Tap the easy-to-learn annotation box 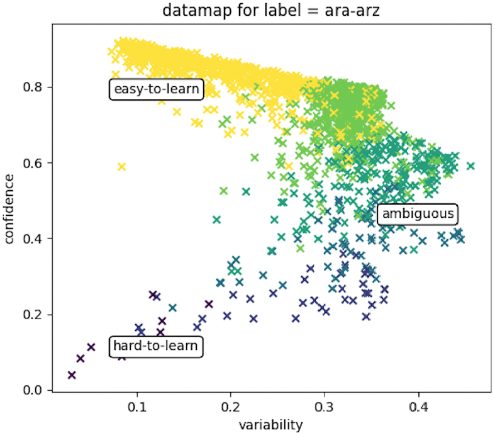155,89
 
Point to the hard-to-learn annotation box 155,346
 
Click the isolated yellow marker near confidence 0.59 122,166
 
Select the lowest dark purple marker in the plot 72,375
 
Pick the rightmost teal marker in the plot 470,166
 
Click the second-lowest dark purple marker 81,359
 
